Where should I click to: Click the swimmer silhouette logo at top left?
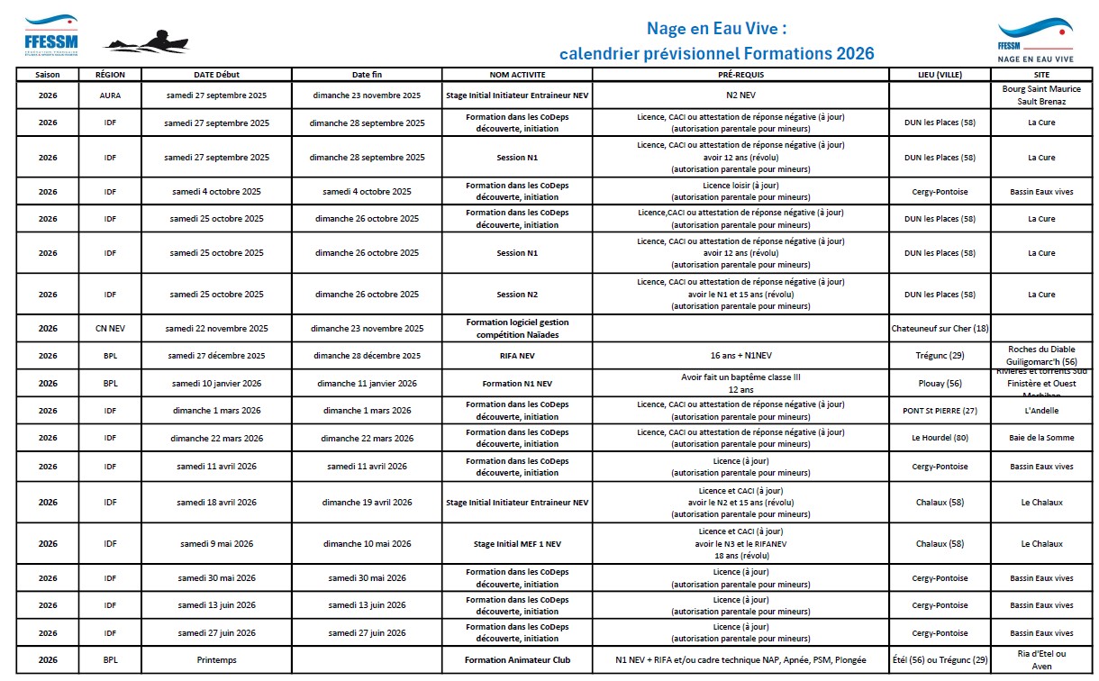point(146,41)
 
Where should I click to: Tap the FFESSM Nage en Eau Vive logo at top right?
point(1035,41)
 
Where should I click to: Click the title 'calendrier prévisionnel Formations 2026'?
point(716,54)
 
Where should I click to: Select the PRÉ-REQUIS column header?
point(740,75)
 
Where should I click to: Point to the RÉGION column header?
point(110,75)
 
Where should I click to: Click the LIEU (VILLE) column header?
point(940,75)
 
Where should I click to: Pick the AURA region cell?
point(110,95)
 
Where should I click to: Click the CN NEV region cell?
point(110,329)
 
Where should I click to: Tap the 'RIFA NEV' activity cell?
point(517,356)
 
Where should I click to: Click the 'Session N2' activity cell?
point(517,295)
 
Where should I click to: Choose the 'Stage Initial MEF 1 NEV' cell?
point(517,544)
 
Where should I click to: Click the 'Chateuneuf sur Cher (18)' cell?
point(940,329)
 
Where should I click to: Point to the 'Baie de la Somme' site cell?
point(1041,439)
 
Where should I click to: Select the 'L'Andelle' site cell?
point(1041,411)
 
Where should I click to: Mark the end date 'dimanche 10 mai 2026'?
point(367,544)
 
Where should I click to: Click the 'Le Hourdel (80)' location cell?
point(940,439)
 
